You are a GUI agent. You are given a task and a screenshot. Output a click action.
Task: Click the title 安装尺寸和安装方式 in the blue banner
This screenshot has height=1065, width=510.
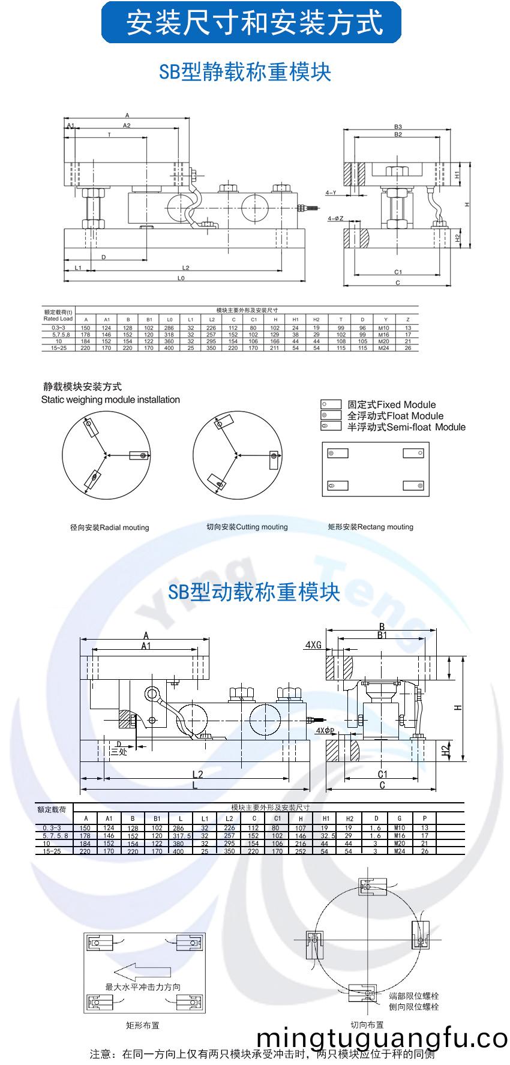click(x=254, y=23)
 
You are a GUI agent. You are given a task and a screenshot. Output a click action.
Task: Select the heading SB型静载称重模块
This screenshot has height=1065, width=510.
click(x=245, y=72)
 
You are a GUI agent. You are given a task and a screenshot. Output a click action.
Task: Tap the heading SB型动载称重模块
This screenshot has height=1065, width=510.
click(x=254, y=592)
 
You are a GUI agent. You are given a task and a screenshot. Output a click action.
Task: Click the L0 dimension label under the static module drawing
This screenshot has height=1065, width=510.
click(x=181, y=278)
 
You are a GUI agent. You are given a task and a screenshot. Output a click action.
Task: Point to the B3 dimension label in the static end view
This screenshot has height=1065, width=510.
click(x=398, y=127)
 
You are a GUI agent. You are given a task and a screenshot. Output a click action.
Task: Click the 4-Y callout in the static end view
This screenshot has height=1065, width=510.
click(x=331, y=193)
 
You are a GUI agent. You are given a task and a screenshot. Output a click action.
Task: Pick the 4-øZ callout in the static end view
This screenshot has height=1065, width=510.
click(x=335, y=218)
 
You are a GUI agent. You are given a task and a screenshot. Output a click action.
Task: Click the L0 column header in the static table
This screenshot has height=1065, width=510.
click(x=170, y=319)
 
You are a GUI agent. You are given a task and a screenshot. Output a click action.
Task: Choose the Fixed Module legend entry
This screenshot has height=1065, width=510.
click(x=391, y=404)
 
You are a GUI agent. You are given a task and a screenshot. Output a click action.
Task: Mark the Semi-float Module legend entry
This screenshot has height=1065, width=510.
click(x=406, y=427)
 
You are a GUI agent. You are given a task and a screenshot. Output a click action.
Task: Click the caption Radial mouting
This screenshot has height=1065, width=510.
click(x=109, y=527)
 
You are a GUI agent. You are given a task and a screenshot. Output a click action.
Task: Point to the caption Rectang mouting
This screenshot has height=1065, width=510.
click(x=370, y=527)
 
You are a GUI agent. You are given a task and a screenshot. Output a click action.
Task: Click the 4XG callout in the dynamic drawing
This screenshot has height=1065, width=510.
click(x=313, y=645)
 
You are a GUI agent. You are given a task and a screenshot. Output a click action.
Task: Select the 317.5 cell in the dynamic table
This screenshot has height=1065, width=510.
click(x=181, y=835)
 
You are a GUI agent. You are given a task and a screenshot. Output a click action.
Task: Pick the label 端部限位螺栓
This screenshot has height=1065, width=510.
click(x=413, y=996)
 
